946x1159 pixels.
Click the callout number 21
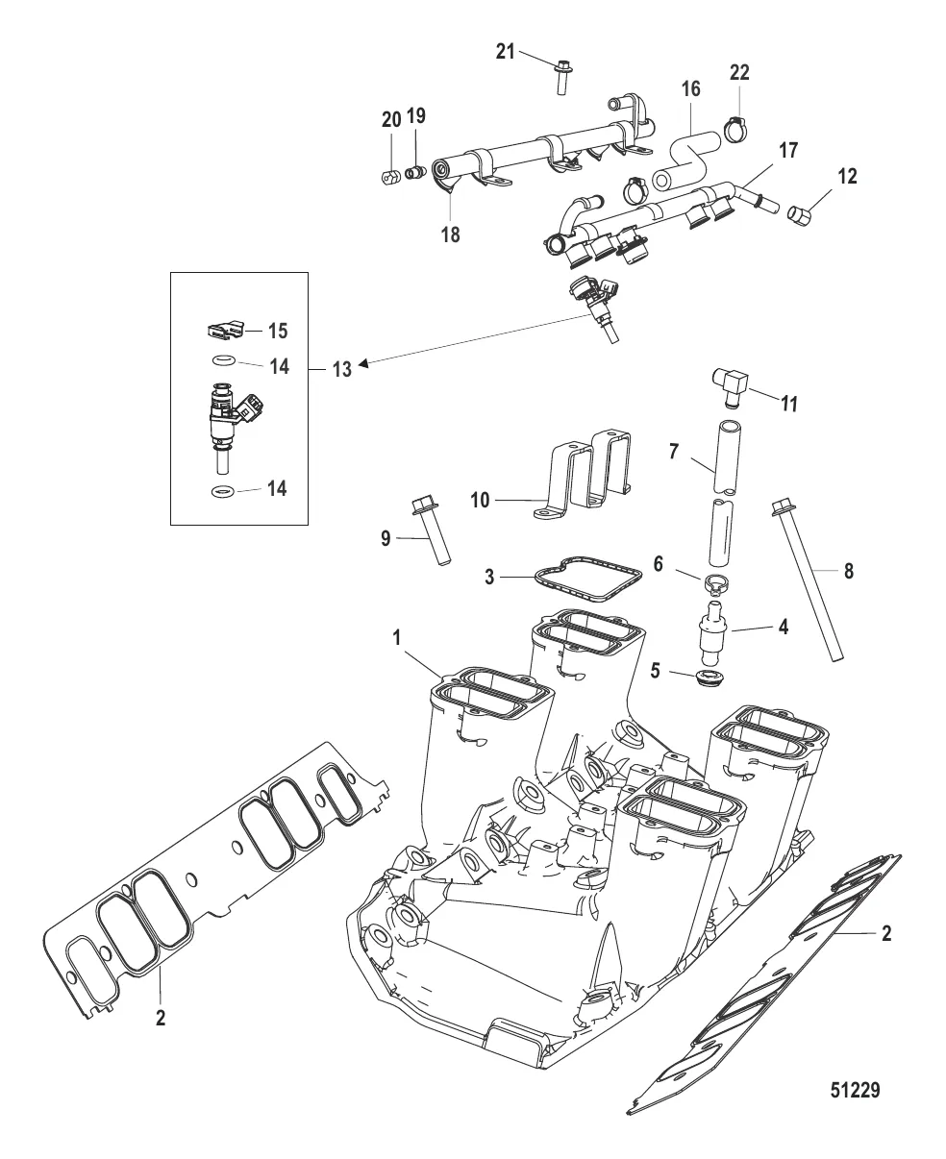tap(505, 51)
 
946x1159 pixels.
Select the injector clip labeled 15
tap(224, 332)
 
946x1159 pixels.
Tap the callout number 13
tap(341, 369)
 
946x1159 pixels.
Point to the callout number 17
tap(787, 151)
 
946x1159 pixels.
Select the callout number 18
tap(450, 234)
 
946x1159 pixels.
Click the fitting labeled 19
tap(415, 173)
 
